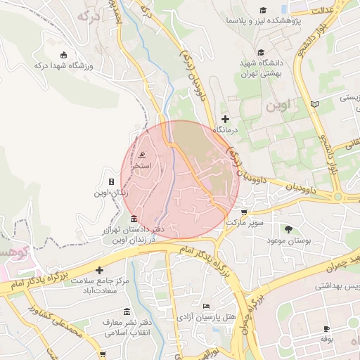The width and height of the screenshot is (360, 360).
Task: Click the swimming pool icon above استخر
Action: click(143, 156)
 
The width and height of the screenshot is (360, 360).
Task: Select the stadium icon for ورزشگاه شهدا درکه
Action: click(64, 55)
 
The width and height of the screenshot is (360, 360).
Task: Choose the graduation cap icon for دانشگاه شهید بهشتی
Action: click(261, 52)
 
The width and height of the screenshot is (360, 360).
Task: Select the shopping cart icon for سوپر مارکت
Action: click(244, 212)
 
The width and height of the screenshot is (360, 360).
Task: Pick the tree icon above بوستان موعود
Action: click(288, 229)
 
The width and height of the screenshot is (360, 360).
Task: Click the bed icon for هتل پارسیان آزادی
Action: click(205, 306)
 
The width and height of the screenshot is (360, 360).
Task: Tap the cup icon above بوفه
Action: click(327, 328)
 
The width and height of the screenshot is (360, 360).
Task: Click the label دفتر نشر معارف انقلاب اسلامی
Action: click(127, 327)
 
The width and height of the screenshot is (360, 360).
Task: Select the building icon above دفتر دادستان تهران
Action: click(134, 218)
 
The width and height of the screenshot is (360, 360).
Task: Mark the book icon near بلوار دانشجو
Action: click(314, 104)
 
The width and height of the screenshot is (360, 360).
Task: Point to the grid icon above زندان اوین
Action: click(111, 181)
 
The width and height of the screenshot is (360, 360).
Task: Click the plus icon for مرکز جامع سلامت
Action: click(99, 270)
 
